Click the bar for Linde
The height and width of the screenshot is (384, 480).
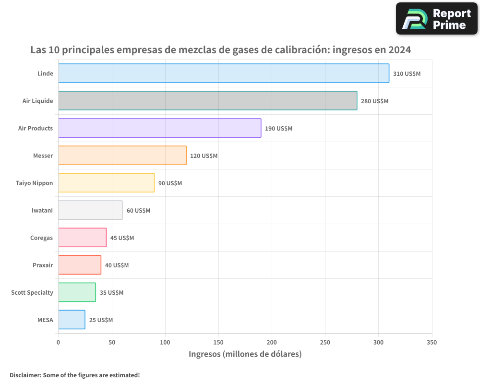point(224,73)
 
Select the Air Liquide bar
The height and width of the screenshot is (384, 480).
point(207,101)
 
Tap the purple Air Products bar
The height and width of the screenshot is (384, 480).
point(159,128)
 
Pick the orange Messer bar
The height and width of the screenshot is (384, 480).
point(122,156)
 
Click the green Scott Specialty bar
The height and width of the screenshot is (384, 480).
point(77,292)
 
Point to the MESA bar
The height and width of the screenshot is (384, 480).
point(72,320)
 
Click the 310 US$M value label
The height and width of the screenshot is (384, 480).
point(407,74)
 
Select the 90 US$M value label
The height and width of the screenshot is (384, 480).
point(170,183)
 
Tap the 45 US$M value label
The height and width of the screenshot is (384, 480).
point(122,238)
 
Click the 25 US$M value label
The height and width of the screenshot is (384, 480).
point(101,320)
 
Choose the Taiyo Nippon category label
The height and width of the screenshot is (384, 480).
point(34,183)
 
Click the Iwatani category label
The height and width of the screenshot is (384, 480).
point(42,210)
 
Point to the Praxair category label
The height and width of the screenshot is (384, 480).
point(43,265)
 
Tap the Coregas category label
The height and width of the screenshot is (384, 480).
point(41,238)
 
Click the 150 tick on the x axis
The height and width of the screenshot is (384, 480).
point(218,343)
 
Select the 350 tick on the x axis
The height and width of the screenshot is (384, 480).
point(432,343)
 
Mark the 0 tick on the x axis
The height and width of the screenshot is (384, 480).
point(59,343)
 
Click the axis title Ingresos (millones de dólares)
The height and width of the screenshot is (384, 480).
point(245,354)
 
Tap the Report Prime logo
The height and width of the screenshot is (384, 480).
point(437,19)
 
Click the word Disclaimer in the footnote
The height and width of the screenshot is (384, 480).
point(24,375)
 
